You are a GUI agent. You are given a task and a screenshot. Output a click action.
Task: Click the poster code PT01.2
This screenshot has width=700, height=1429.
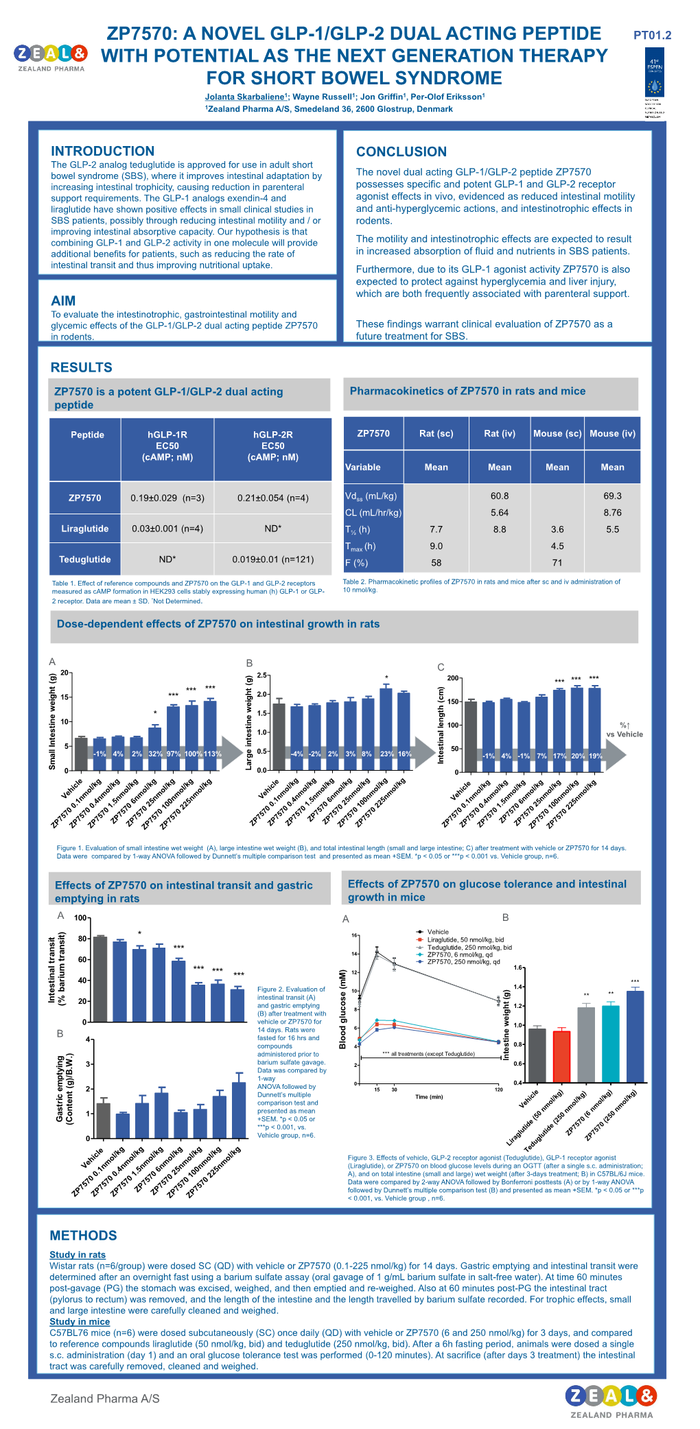point(652,36)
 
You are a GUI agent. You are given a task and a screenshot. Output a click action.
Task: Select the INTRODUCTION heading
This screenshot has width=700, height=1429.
point(102,152)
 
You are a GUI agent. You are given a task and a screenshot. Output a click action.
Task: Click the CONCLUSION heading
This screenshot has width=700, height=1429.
point(401,152)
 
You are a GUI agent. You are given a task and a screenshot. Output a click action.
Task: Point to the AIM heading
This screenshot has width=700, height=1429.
point(63,301)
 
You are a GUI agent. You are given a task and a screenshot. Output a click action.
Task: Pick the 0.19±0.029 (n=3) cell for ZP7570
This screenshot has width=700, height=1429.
point(167,499)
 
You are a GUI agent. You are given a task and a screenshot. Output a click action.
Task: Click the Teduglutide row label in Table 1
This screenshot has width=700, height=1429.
point(85,560)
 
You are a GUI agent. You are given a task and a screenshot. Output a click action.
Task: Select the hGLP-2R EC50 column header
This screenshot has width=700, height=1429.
point(272,446)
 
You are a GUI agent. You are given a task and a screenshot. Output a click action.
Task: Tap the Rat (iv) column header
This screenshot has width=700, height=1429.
point(499,433)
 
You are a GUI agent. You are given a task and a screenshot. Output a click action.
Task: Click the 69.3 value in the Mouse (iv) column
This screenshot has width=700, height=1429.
point(612,496)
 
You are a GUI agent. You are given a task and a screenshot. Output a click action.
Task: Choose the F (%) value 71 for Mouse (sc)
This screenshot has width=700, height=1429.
point(557,563)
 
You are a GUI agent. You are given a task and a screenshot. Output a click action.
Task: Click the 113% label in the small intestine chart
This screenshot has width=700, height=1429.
point(212,754)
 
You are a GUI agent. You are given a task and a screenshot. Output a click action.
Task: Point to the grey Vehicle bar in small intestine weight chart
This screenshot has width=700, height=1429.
point(81,753)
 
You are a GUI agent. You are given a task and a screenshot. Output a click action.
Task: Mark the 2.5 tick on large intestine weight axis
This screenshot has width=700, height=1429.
point(261,676)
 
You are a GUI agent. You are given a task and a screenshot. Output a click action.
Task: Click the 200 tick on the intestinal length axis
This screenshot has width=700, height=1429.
point(453,678)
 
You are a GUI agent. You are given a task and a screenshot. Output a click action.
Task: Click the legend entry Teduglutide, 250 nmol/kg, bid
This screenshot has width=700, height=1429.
point(469,947)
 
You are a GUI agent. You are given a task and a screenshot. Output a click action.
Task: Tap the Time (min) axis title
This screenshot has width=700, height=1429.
point(429,1097)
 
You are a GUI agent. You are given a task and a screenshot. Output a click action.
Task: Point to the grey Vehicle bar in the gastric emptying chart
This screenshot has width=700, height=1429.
point(104,1119)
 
